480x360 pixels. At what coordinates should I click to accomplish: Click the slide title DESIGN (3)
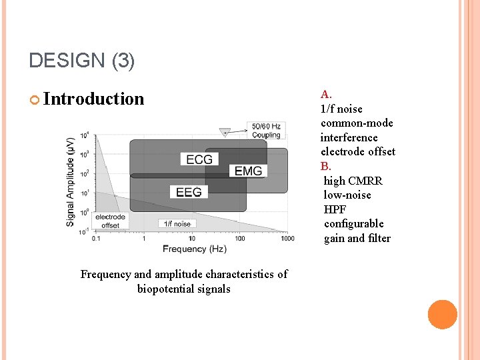82,62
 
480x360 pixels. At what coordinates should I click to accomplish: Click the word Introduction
93,99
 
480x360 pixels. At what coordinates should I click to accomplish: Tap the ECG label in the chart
199,159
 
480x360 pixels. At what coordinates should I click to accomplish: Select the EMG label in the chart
248,171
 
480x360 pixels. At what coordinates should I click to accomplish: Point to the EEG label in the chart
189,192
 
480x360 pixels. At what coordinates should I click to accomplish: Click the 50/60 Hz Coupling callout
266,130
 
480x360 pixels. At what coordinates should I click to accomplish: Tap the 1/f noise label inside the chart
177,224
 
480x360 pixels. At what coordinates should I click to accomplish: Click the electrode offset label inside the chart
110,221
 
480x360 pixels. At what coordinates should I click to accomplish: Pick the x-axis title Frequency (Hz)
195,249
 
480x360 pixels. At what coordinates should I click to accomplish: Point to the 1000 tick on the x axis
287,239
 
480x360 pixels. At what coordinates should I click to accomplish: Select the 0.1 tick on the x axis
96,239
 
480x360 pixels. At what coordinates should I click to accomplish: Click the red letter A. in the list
326,95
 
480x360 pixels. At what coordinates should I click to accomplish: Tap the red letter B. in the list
325,166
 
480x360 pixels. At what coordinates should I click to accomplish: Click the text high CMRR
353,181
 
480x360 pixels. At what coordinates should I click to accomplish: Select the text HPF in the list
335,209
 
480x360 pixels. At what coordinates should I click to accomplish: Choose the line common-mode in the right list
357,123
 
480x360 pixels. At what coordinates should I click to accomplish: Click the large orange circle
442,314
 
